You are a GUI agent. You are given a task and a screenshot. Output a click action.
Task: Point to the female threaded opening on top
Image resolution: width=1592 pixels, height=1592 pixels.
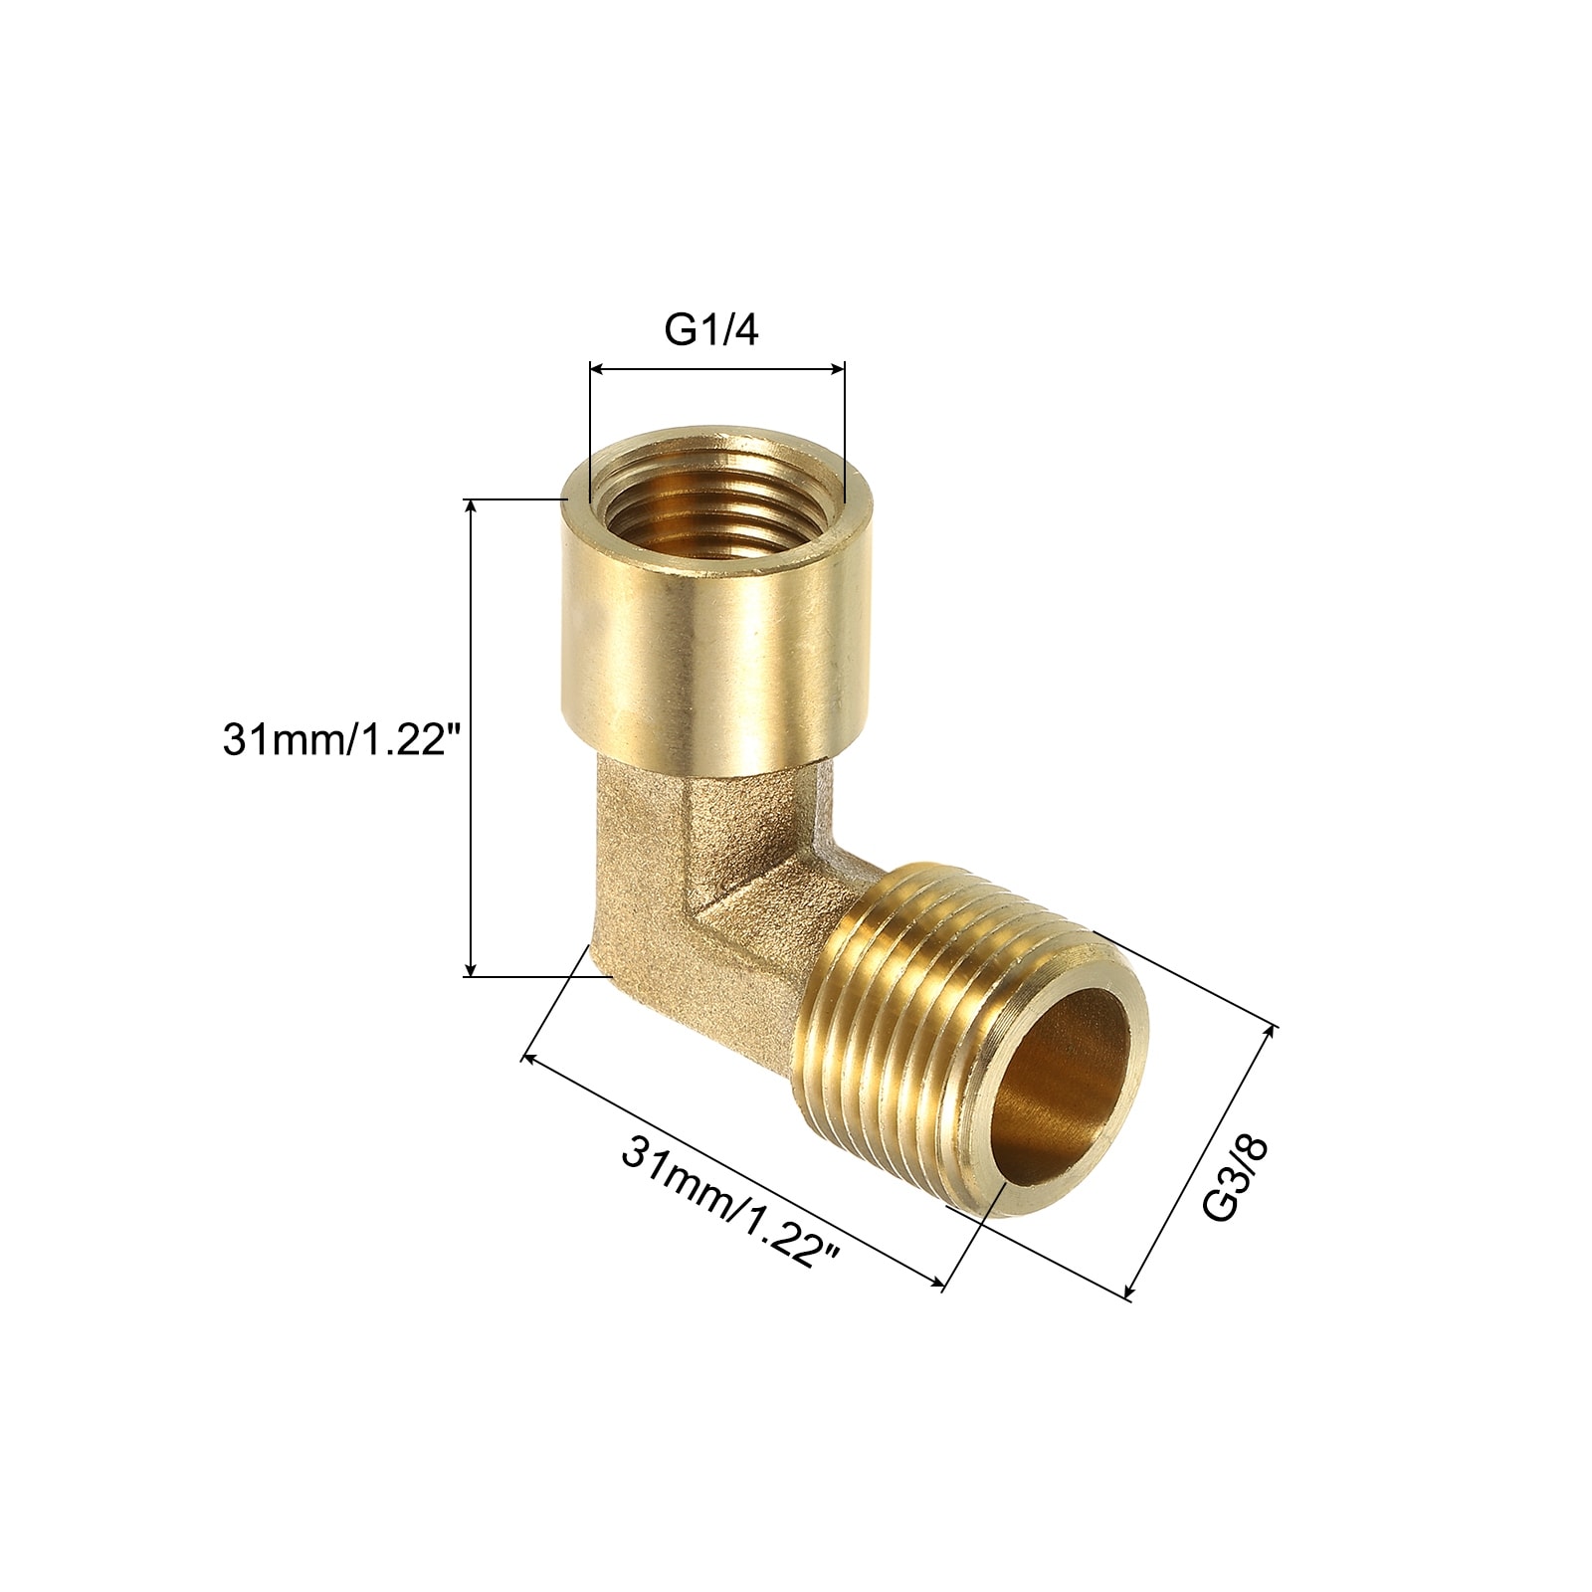click(x=716, y=495)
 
